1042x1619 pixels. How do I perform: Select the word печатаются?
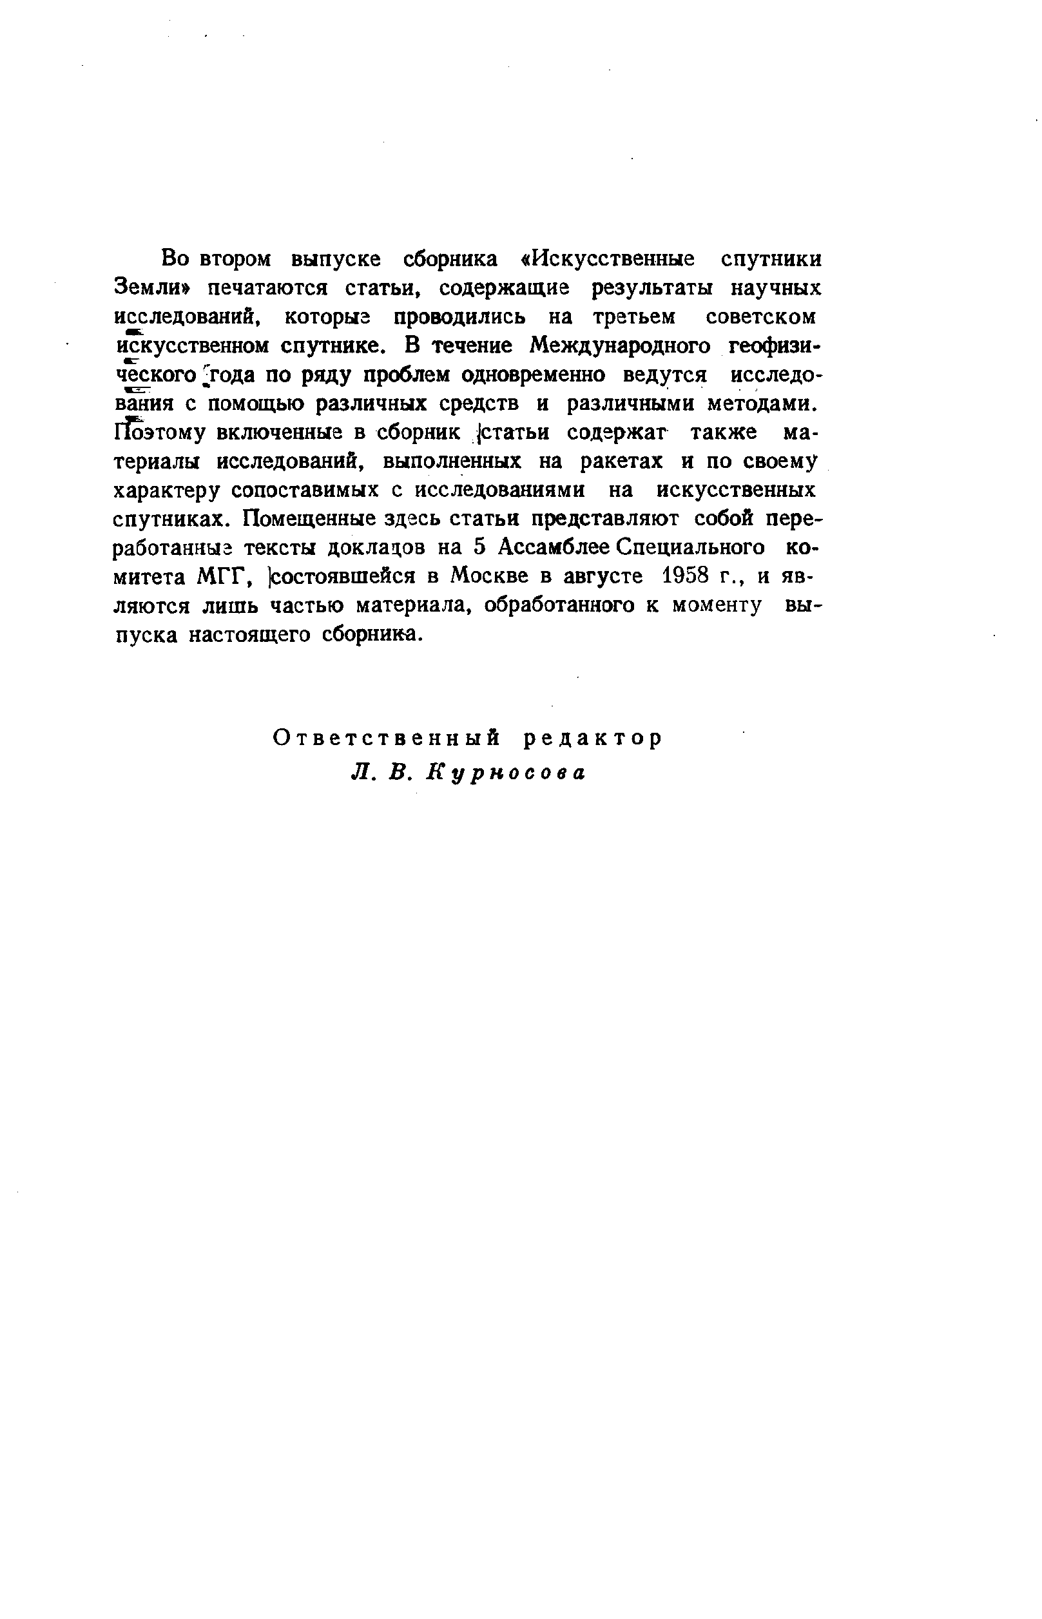click(268, 289)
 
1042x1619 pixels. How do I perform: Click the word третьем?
click(633, 317)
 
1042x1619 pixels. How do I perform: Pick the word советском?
click(760, 317)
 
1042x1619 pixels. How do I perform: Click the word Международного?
click(620, 346)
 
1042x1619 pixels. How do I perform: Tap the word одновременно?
click(536, 376)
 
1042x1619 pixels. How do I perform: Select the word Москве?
click(481, 577)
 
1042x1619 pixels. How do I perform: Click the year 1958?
click(684, 577)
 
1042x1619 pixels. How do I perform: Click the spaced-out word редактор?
click(593, 739)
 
